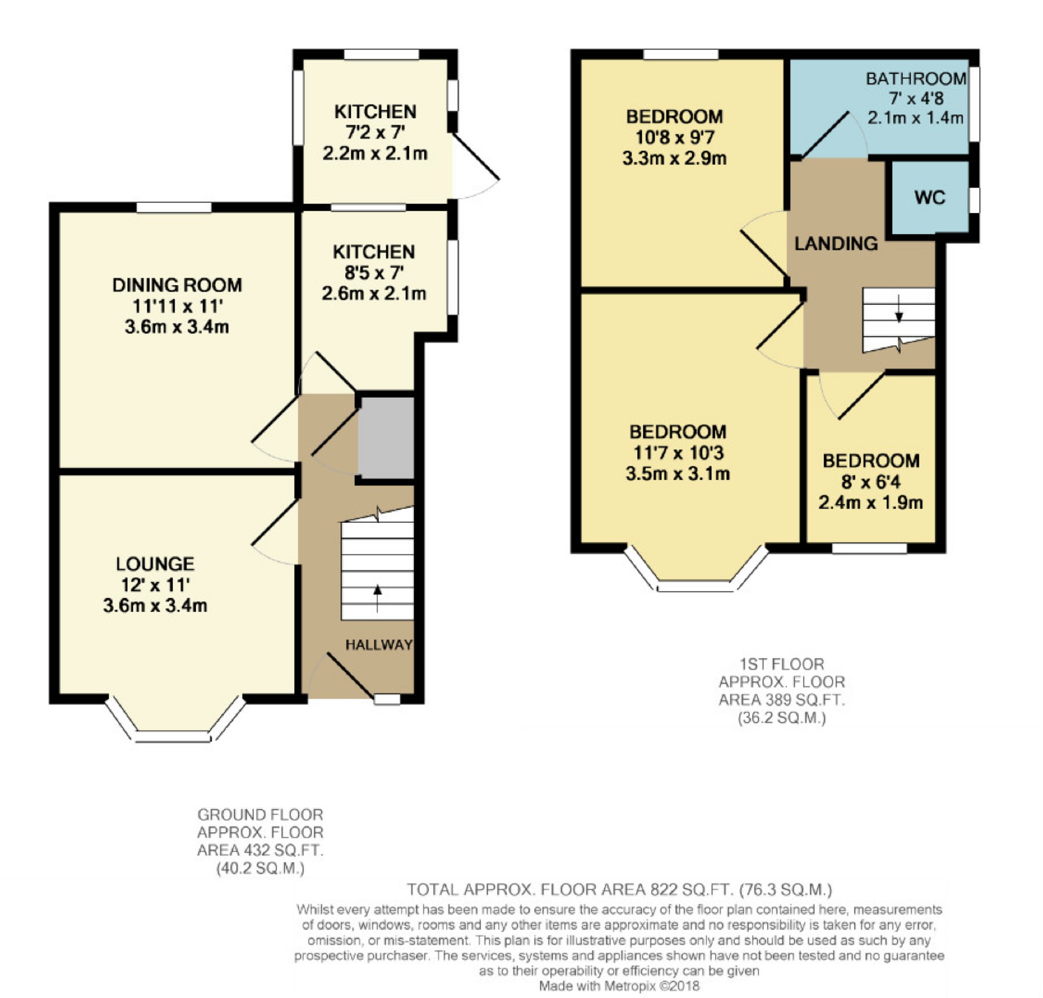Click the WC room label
click(930, 197)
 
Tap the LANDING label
click(836, 244)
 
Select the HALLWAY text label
click(379, 645)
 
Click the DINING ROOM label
click(177, 285)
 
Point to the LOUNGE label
click(156, 564)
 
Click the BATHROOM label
click(916, 79)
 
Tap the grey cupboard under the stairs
click(386, 437)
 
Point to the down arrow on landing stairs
click(899, 309)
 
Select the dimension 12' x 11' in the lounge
click(156, 585)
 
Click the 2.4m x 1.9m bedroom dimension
click(870, 503)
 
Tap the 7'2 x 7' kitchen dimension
click(375, 132)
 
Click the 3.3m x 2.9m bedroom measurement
click(674, 159)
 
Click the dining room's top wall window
click(174, 208)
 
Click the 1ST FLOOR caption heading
click(782, 664)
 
